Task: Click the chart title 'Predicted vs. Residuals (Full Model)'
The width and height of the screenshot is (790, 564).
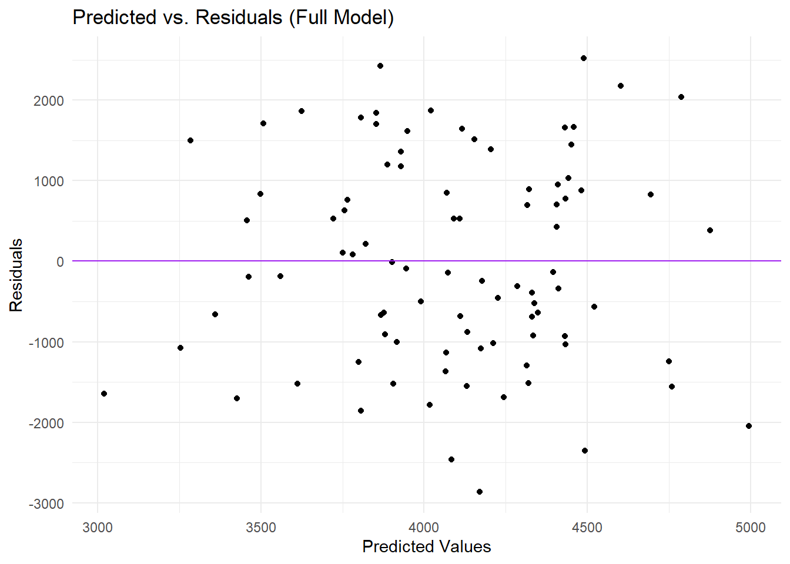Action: point(233,18)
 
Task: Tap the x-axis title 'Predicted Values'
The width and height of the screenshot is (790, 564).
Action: point(426,546)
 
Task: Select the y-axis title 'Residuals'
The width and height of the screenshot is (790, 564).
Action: point(16,275)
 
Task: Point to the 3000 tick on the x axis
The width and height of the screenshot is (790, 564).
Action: point(98,528)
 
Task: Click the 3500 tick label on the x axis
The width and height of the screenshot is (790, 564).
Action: point(261,528)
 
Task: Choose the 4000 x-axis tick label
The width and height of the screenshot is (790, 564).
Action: point(424,528)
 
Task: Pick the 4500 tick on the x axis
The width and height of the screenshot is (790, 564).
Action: point(587,528)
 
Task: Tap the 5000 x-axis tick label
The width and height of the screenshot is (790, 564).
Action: point(750,528)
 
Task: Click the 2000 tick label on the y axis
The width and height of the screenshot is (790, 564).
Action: point(49,100)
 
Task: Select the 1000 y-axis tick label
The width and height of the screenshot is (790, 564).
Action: point(49,182)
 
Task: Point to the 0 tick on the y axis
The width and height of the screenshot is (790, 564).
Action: point(60,262)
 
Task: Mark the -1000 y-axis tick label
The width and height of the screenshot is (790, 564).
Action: point(46,343)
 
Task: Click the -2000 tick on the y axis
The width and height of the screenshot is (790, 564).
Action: point(46,423)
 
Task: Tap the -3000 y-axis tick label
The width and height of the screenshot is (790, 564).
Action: point(46,504)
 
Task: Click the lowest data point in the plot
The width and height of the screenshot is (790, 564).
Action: point(480,492)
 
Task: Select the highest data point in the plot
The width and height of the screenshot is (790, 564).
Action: point(584,58)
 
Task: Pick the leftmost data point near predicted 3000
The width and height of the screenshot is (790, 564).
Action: point(104,394)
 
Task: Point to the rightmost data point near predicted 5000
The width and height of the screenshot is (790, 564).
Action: point(749,426)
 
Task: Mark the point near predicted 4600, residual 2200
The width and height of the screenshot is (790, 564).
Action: point(621,86)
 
